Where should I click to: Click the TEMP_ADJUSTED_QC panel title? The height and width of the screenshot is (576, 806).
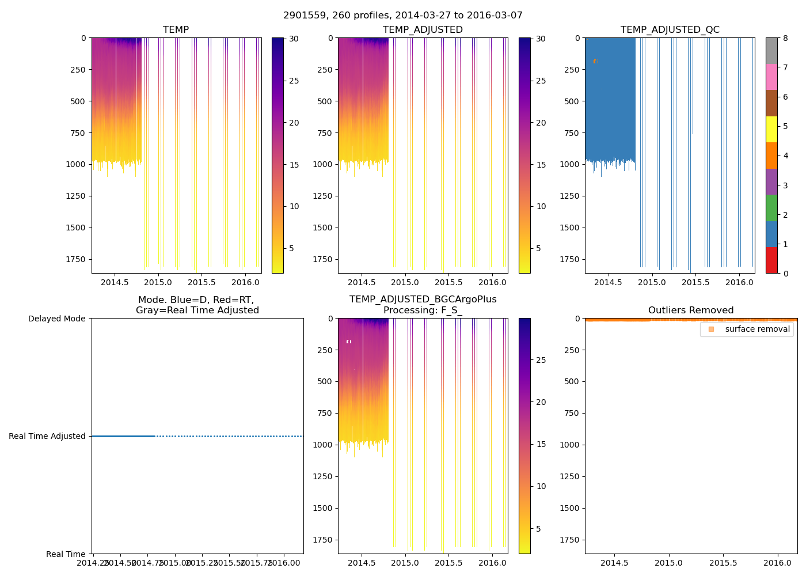[x=670, y=29]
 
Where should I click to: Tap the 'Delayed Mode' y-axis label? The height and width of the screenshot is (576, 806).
[x=56, y=319]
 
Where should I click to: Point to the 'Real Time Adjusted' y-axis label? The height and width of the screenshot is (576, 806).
[x=47, y=436]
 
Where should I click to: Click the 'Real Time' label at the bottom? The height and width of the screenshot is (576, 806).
[x=66, y=554]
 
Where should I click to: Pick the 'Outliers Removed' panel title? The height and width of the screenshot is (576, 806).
[x=691, y=310]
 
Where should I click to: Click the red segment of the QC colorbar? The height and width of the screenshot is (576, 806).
[x=771, y=260]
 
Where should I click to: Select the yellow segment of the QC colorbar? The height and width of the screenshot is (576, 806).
[x=771, y=129]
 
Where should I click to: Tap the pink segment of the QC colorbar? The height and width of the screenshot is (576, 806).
[x=771, y=77]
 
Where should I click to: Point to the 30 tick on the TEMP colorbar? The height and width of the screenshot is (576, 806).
[x=294, y=39]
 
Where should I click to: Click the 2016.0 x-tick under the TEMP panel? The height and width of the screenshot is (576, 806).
[x=245, y=282]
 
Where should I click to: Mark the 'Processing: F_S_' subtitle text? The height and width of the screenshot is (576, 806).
[x=423, y=310]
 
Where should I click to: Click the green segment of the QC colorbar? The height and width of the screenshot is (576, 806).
[x=771, y=207]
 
